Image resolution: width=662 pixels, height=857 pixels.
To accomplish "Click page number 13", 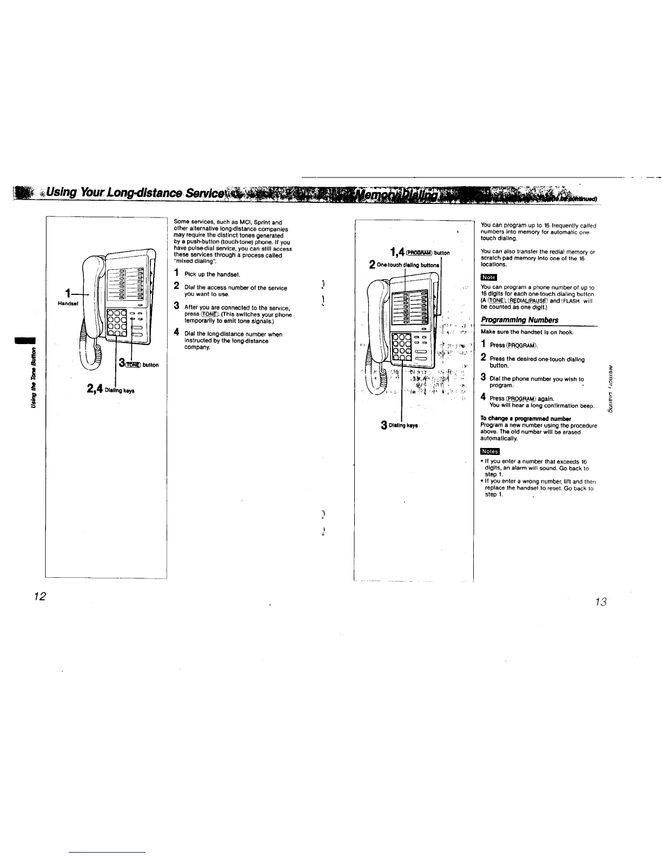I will point(600,602).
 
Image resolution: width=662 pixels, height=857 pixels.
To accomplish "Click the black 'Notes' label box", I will point(490,451).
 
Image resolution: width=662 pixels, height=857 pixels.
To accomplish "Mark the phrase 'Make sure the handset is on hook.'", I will point(520,332).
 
